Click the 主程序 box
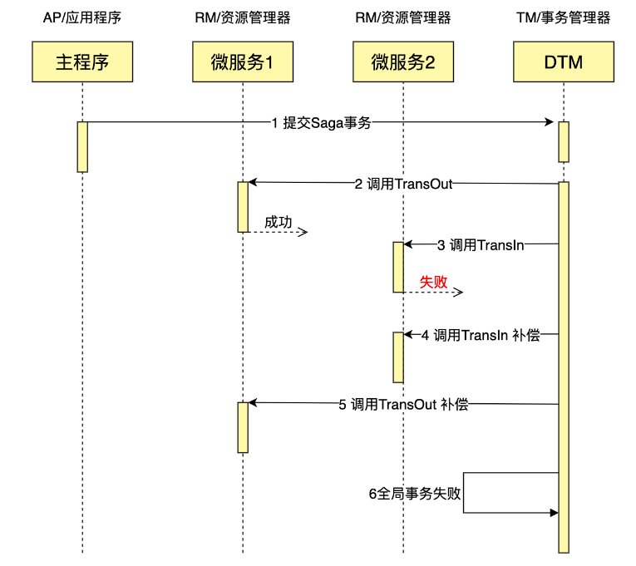click(x=82, y=62)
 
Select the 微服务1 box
click(x=242, y=62)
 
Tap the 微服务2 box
click(x=403, y=62)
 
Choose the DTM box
click(x=563, y=62)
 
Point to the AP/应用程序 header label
click(x=82, y=18)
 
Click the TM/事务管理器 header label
click(x=563, y=18)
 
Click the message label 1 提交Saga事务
click(x=321, y=123)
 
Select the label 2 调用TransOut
click(x=403, y=184)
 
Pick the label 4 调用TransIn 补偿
click(x=481, y=336)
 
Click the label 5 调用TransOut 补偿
click(x=403, y=405)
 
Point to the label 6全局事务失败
click(x=414, y=493)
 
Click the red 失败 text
click(x=433, y=283)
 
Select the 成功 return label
click(x=279, y=222)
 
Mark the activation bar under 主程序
click(x=82, y=147)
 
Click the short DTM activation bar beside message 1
click(x=563, y=142)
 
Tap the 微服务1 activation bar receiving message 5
click(x=243, y=427)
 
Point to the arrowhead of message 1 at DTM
click(x=550, y=123)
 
